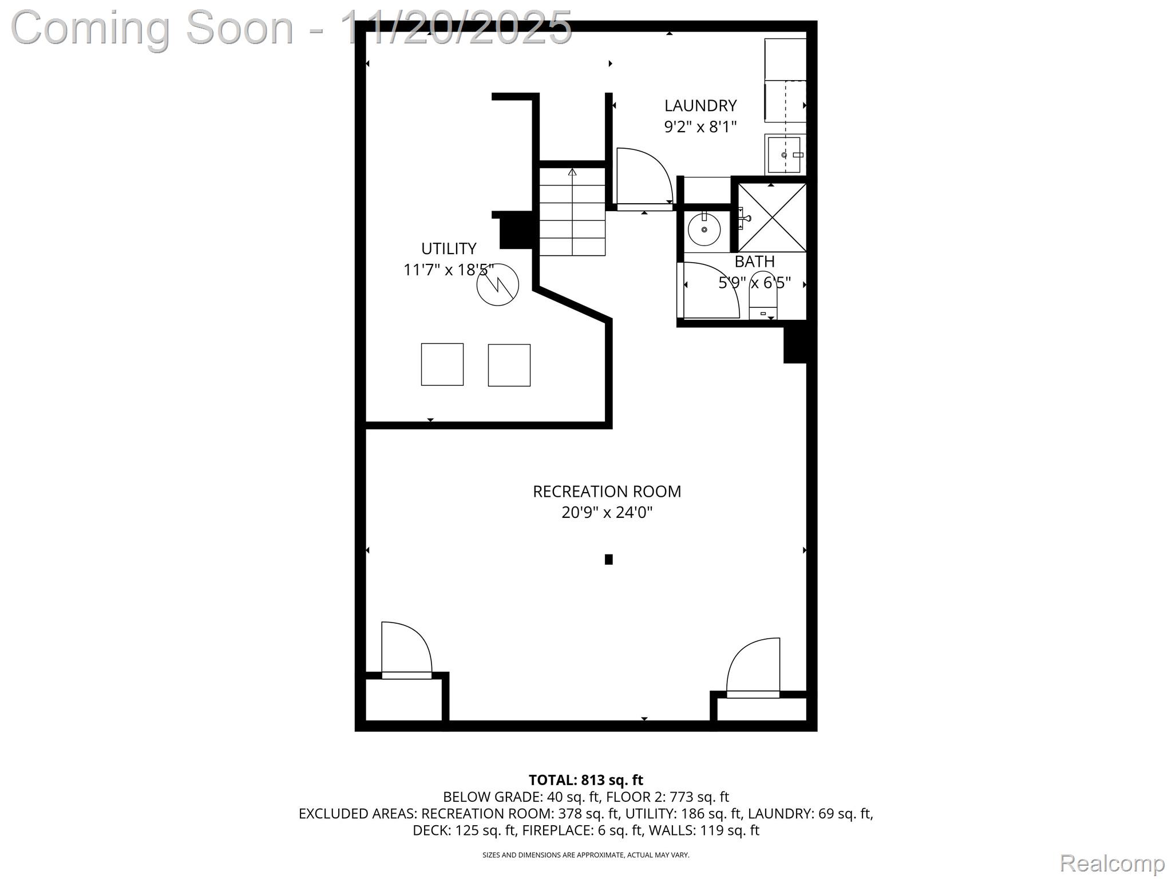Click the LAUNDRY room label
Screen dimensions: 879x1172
700,106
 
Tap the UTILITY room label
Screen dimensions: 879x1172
449,249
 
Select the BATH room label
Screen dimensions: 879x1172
754,262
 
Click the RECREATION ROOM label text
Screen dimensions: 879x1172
607,492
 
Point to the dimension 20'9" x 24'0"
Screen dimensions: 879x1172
607,512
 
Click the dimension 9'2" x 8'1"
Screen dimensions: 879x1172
700,126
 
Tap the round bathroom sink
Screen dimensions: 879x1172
704,229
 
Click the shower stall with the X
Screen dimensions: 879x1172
772,217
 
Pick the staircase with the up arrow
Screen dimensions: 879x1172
572,212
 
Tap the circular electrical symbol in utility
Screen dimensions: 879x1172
498,284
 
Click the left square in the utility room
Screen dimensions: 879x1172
442,365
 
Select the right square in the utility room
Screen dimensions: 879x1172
509,365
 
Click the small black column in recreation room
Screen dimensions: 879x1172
609,560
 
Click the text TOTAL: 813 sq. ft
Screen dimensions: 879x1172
585,780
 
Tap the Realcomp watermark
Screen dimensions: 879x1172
1112,862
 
